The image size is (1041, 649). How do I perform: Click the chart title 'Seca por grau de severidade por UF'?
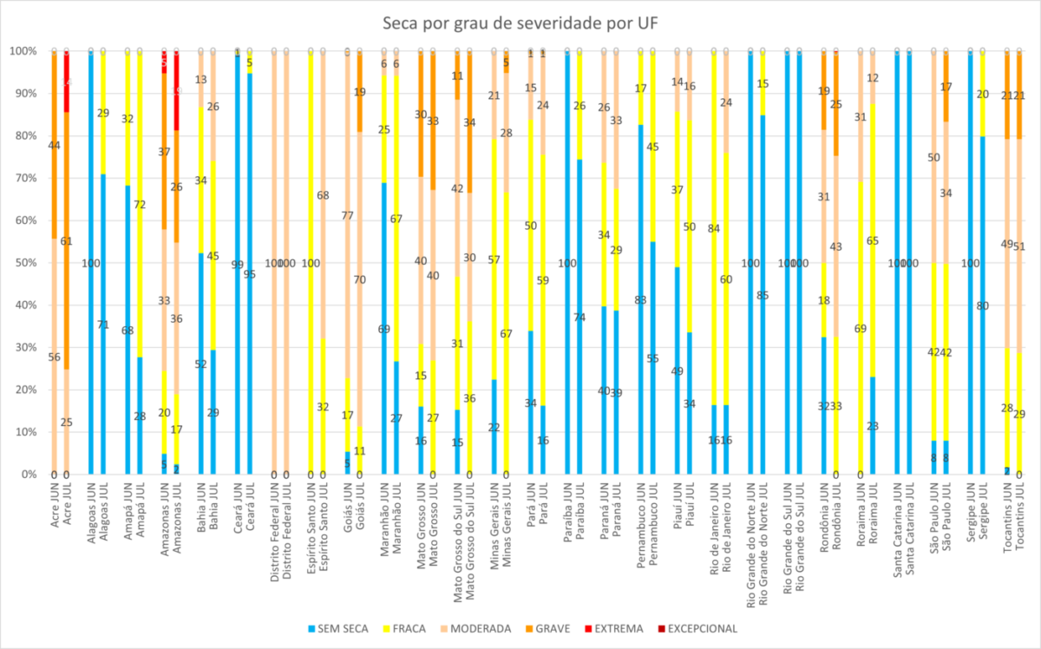[520, 23]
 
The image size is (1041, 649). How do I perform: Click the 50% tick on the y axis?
[23, 263]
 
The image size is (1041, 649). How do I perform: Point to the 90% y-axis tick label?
[23, 94]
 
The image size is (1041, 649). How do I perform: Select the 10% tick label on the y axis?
[23, 432]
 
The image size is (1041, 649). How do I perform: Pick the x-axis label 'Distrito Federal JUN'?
[274, 526]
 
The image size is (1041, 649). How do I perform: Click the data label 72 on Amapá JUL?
[139, 206]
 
